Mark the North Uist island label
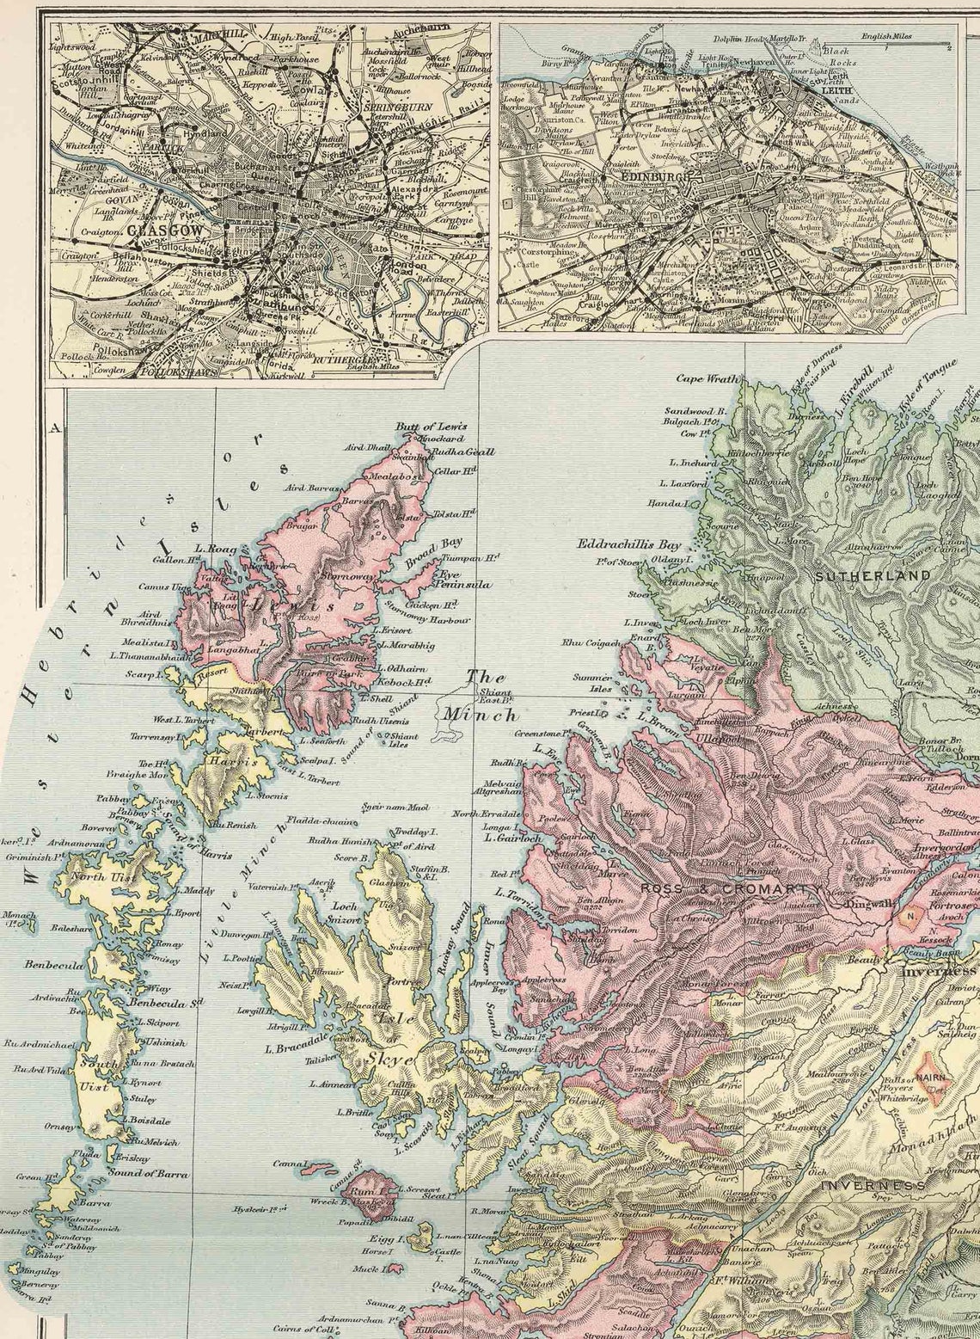101,876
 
